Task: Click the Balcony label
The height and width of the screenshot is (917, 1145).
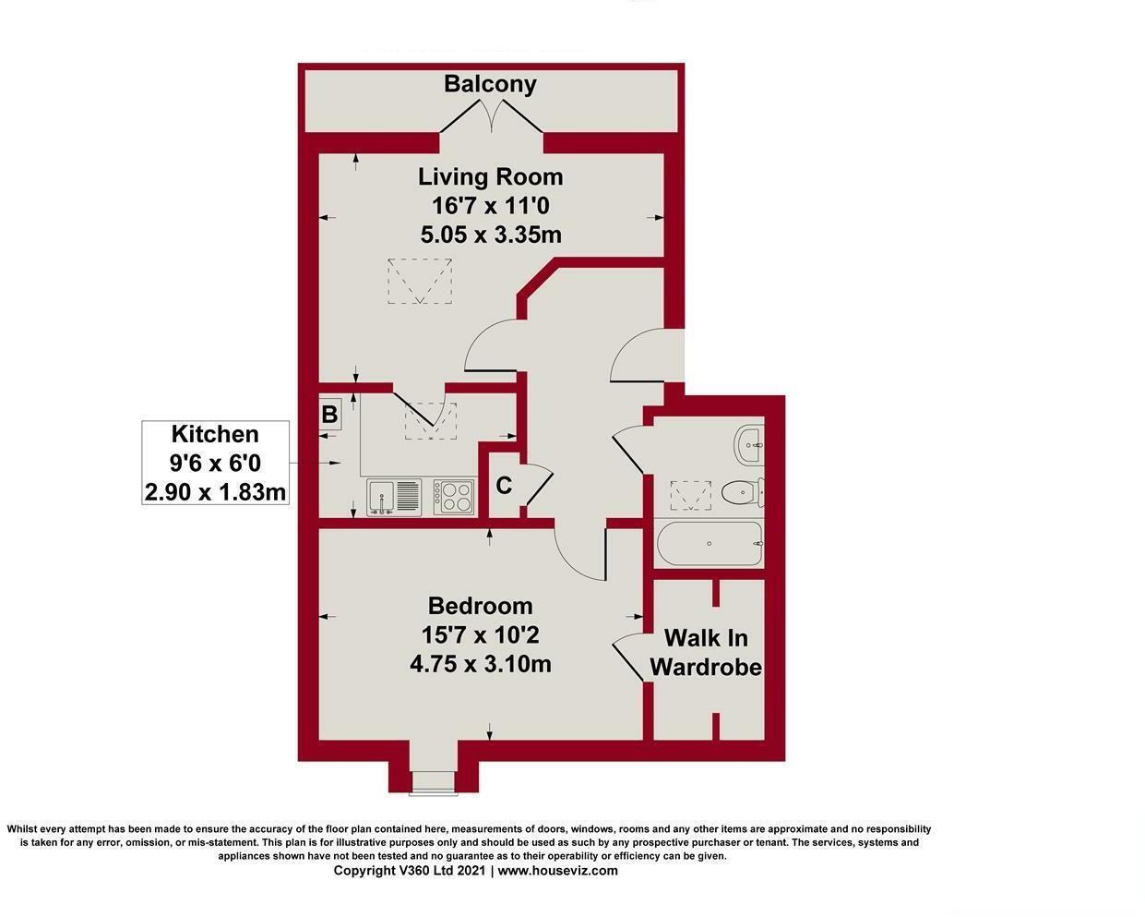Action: pyautogui.click(x=490, y=84)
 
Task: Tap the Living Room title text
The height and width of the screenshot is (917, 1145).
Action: pyautogui.click(x=490, y=176)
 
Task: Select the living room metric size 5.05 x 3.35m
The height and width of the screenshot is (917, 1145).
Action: pyautogui.click(x=490, y=235)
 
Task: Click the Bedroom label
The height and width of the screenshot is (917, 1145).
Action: pyautogui.click(x=480, y=606)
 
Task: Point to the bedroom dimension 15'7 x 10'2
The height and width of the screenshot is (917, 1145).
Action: pyautogui.click(x=480, y=635)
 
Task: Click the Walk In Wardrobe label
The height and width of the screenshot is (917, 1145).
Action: pyautogui.click(x=706, y=652)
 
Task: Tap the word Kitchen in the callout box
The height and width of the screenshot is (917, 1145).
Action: pyautogui.click(x=215, y=434)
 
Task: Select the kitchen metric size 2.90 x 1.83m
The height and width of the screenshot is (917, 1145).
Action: pyautogui.click(x=215, y=491)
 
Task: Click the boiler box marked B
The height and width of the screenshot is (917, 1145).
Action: pyautogui.click(x=329, y=415)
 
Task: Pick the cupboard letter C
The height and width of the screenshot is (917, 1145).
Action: pyautogui.click(x=504, y=486)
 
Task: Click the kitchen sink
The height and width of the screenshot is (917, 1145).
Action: pyautogui.click(x=394, y=497)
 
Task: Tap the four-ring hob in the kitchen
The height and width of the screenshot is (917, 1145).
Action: pyautogui.click(x=454, y=497)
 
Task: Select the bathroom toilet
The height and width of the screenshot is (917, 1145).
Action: pyautogui.click(x=741, y=493)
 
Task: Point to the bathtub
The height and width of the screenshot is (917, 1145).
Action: pyautogui.click(x=709, y=544)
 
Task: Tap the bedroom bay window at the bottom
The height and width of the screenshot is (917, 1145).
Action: pyautogui.click(x=433, y=781)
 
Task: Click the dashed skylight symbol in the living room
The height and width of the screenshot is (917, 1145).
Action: pyautogui.click(x=420, y=281)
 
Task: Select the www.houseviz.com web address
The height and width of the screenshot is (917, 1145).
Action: pyautogui.click(x=558, y=871)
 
